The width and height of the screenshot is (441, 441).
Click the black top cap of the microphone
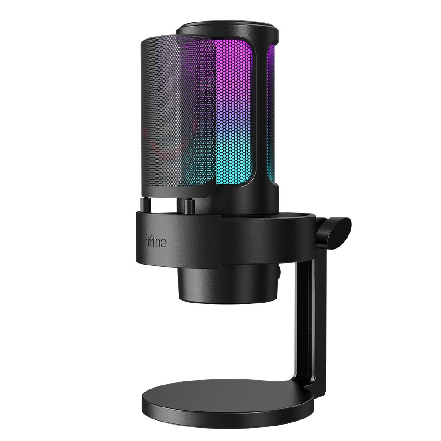click(227, 31)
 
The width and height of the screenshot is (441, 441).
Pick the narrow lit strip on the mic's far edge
click(271, 110)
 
